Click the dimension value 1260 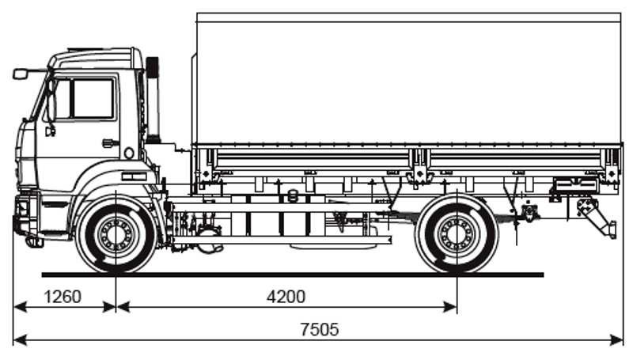tap(63, 297)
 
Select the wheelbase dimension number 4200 tap(286, 297)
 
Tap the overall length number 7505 tap(319, 330)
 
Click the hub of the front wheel tap(116, 235)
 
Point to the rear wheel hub tap(457, 235)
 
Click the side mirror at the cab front tap(21, 74)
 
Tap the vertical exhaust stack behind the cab tap(152, 99)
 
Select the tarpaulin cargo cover tap(407, 79)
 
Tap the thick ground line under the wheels tap(293, 275)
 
